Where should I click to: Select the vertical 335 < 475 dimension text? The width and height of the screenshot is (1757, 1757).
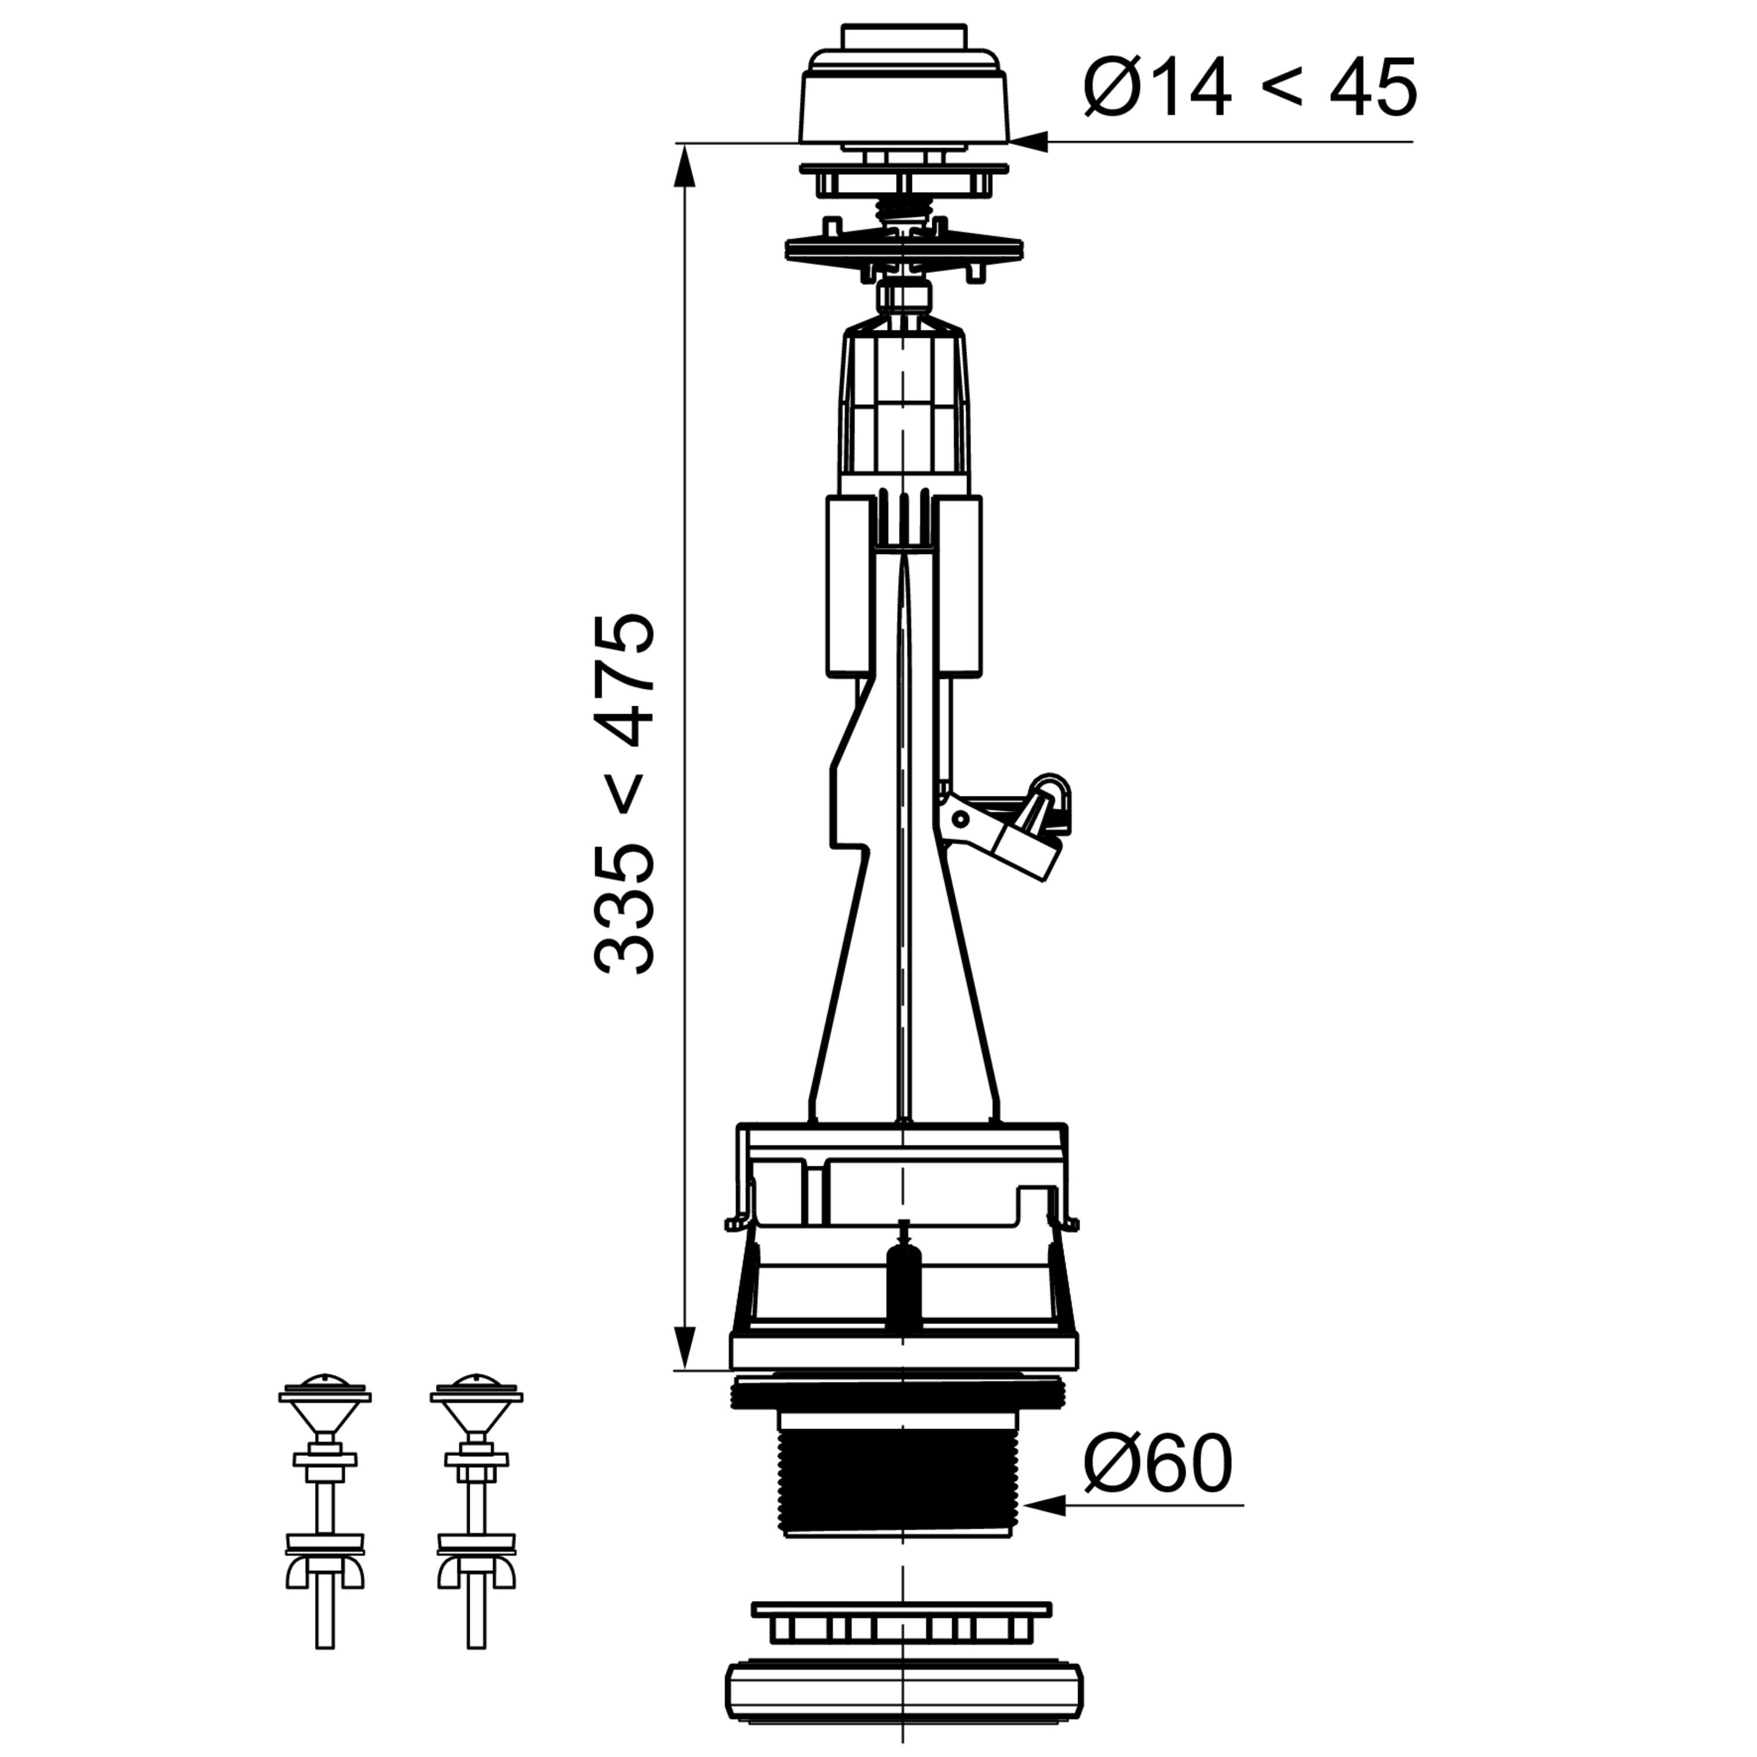click(x=625, y=793)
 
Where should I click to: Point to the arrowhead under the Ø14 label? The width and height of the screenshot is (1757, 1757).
click(x=1028, y=142)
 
